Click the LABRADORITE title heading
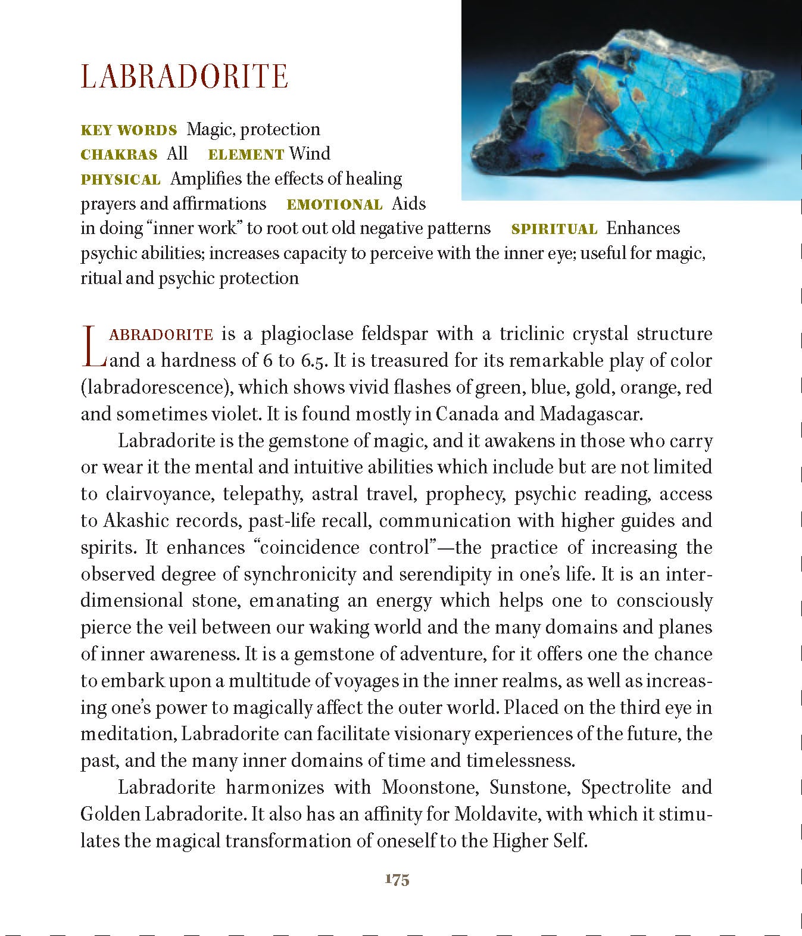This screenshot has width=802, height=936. [x=185, y=77]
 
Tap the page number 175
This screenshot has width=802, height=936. [x=397, y=879]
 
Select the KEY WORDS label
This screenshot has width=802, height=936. [x=129, y=130]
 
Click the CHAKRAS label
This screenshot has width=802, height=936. [x=118, y=154]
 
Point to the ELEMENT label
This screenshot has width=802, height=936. [x=245, y=154]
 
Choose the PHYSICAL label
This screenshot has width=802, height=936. [x=120, y=179]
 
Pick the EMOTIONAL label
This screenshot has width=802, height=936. [x=334, y=204]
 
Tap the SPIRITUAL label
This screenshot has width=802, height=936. [x=554, y=229]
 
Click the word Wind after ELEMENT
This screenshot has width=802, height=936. [x=310, y=154]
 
